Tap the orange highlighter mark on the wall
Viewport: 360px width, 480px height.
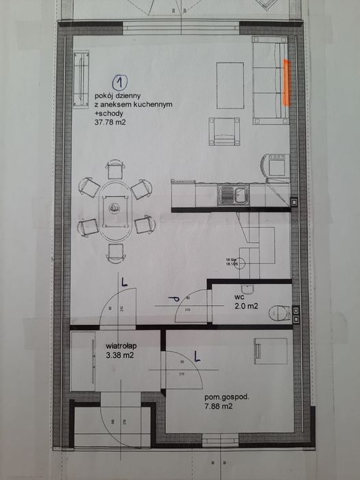(287, 82)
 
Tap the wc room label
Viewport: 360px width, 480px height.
(239, 297)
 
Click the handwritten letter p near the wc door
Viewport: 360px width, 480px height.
(175, 298)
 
